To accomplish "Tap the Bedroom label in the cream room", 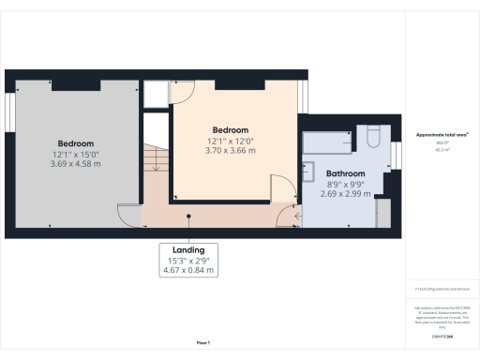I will tap(230, 129).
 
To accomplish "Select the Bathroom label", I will tap(347, 174).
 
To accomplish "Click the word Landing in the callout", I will tap(187, 250).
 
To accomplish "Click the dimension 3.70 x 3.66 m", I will tap(230, 151).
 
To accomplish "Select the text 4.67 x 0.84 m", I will tap(187, 271).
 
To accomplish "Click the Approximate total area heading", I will tap(442, 135).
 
